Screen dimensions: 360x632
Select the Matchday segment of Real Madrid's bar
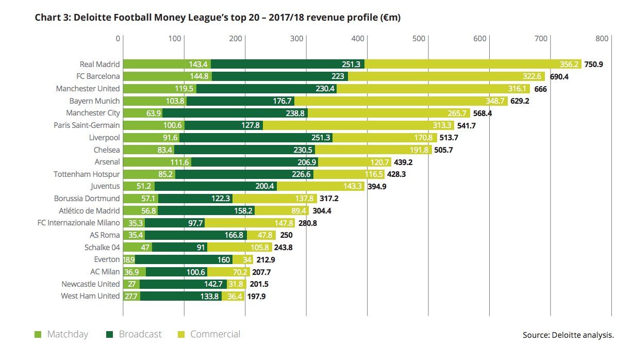(x=167, y=64)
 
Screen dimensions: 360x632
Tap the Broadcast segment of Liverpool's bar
(x=256, y=138)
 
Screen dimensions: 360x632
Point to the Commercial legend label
(x=215, y=334)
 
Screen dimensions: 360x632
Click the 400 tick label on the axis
(x=358, y=38)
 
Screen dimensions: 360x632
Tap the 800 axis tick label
(x=602, y=38)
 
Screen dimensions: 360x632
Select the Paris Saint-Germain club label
(x=87, y=125)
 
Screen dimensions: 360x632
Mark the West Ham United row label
(x=90, y=297)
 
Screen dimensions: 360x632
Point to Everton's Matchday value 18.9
(x=129, y=259)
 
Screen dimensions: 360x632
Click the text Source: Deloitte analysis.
(x=568, y=335)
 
